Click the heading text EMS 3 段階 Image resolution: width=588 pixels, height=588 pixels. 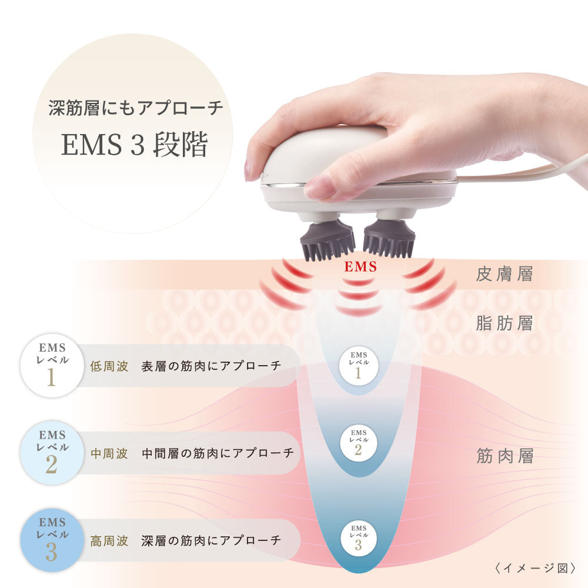point(135,146)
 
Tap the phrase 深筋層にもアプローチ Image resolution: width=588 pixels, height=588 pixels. point(135,108)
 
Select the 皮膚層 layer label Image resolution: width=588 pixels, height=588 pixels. point(505,275)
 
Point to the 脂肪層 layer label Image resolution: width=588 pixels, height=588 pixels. point(505,323)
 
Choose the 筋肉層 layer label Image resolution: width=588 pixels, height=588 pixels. point(505,457)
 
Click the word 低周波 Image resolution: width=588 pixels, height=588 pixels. point(109,366)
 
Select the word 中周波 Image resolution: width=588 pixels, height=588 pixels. point(109,453)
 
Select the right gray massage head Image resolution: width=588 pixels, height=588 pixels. point(389,240)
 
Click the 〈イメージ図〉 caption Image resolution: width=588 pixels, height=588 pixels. point(534,569)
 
